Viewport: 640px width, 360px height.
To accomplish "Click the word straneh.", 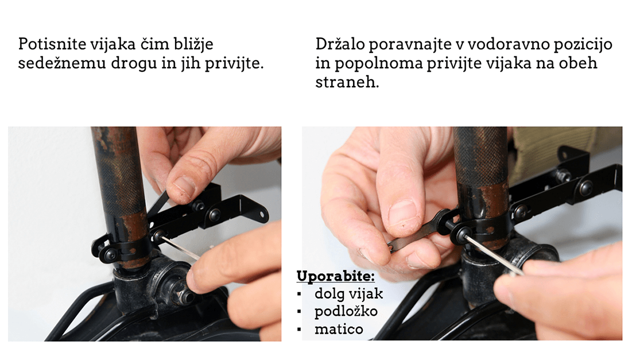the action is [x=347, y=82].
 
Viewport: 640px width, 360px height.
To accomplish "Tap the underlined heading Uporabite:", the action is [x=336, y=276].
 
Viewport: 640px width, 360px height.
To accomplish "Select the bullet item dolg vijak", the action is [x=348, y=293].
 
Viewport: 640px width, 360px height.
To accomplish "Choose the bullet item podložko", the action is [x=346, y=311].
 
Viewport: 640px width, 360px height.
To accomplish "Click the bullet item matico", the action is [x=339, y=329].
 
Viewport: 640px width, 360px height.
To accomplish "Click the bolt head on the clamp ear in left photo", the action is [x=108, y=255].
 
